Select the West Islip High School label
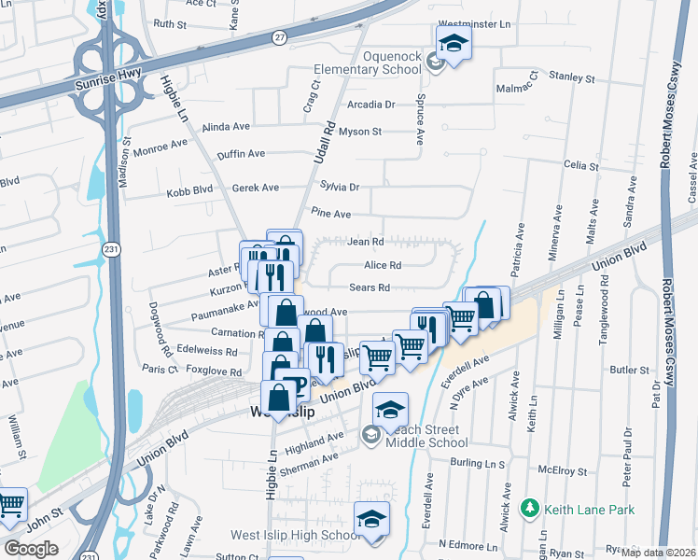pyautogui.click(x=294, y=536)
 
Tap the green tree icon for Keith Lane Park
pyautogui.click(x=530, y=509)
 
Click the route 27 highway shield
pyautogui.click(x=279, y=36)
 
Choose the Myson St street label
pyautogui.click(x=360, y=132)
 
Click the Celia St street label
pyautogui.click(x=580, y=165)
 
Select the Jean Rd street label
pyautogui.click(x=366, y=242)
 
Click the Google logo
pyautogui.click(x=31, y=548)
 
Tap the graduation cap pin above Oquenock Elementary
pyautogui.click(x=454, y=43)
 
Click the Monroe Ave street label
pyautogui.click(x=161, y=146)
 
